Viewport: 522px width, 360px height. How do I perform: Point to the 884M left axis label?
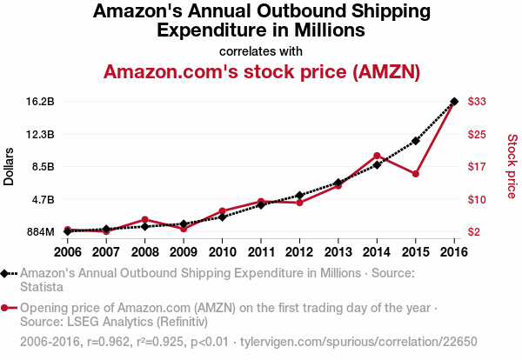[x=40, y=232]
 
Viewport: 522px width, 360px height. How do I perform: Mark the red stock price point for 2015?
[x=416, y=174]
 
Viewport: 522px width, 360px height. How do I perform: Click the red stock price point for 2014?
[x=377, y=156]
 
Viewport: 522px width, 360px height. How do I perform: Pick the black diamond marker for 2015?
[x=416, y=141]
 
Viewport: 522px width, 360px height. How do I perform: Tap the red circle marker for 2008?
[x=144, y=220]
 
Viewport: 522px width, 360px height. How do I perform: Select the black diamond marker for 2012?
[x=299, y=196]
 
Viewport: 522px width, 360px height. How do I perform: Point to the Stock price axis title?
[x=512, y=166]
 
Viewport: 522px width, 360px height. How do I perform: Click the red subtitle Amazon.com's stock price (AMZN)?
[x=262, y=71]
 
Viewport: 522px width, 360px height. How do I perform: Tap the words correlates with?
[x=262, y=50]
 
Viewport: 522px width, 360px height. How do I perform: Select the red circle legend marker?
[x=6, y=308]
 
